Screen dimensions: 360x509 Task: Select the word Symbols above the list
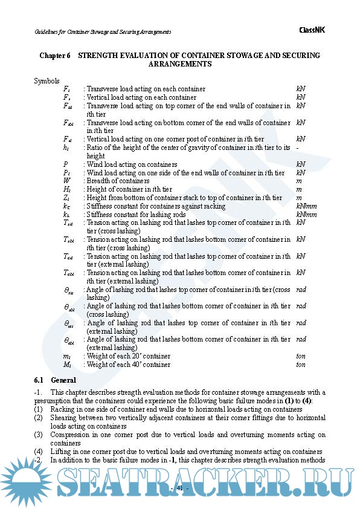(x=47, y=80)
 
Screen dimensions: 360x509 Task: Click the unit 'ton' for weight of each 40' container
(x=301, y=365)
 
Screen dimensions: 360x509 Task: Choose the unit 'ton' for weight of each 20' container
(x=301, y=356)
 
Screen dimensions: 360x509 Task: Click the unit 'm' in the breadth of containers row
(x=298, y=181)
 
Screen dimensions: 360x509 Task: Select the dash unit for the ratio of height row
(x=298, y=148)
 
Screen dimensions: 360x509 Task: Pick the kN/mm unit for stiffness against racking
(x=303, y=206)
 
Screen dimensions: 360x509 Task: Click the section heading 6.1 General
(x=55, y=380)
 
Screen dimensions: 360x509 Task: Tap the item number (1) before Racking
(x=39, y=409)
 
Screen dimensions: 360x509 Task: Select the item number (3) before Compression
(x=39, y=435)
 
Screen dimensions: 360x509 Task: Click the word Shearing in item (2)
(x=64, y=418)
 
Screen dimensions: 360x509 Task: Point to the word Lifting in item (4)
(x=62, y=452)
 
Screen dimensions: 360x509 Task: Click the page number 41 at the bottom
(x=179, y=488)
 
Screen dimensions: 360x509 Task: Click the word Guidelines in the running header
(x=47, y=31)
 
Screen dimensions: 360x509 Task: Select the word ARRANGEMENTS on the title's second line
(x=179, y=64)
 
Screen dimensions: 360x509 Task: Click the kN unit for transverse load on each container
(x=301, y=89)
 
